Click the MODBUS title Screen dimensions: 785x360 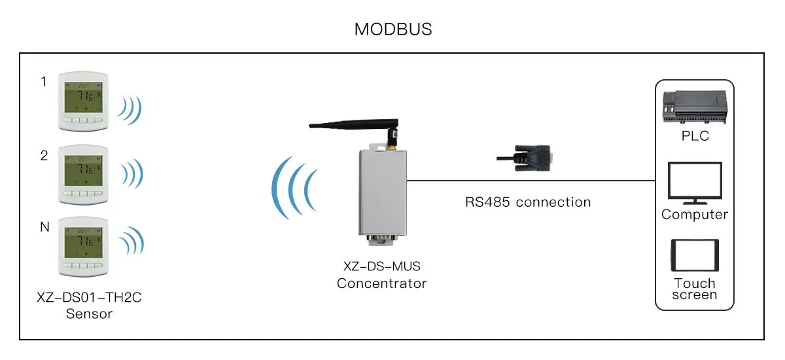point(393,29)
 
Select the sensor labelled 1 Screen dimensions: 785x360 point(82,101)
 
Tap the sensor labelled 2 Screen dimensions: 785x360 point(82,174)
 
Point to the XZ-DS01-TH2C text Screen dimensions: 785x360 point(89,298)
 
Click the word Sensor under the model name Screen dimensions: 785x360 point(89,314)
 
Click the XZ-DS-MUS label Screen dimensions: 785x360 point(382,267)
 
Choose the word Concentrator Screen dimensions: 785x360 point(382,283)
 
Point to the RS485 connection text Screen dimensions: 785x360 point(527,202)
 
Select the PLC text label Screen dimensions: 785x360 point(694,137)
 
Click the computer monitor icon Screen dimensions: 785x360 point(694,183)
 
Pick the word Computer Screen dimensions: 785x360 point(694,215)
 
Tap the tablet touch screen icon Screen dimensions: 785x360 point(694,255)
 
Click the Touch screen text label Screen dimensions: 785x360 point(694,289)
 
